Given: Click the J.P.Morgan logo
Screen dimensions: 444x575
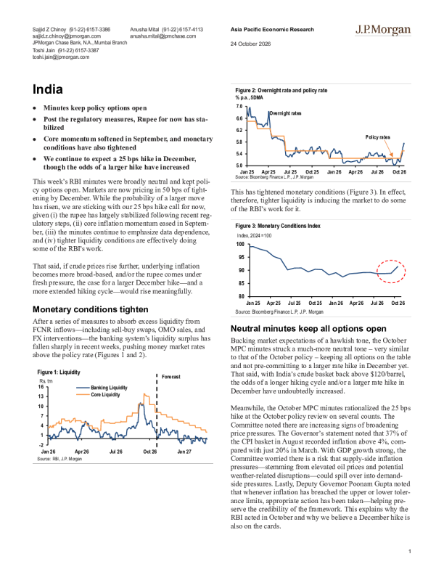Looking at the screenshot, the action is [383, 30].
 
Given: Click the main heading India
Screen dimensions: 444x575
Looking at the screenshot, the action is [48, 89].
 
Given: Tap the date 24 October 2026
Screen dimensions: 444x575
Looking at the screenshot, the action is [250, 44].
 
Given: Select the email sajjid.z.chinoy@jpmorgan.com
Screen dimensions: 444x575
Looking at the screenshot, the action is [67, 36].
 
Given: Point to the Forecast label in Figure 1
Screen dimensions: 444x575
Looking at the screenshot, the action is [171, 377].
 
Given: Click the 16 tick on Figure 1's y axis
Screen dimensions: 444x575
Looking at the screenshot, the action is [41, 386].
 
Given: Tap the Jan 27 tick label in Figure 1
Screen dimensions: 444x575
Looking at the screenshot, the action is [184, 452].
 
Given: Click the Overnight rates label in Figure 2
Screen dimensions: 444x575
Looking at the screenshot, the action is [285, 113].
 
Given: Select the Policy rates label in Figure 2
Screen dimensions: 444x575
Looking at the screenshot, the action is [378, 137].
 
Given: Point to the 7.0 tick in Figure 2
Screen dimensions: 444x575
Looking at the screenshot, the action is [239, 106].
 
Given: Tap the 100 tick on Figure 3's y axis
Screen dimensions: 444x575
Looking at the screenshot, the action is [240, 244].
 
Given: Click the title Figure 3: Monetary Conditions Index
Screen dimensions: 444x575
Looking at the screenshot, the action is [278, 226].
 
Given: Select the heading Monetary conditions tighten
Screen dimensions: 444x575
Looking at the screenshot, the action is [91, 309].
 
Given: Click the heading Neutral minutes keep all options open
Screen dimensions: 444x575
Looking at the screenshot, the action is [308, 329].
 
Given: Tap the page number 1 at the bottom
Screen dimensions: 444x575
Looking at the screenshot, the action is [410, 551].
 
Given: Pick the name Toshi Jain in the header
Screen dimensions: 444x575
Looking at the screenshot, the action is [44, 50].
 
